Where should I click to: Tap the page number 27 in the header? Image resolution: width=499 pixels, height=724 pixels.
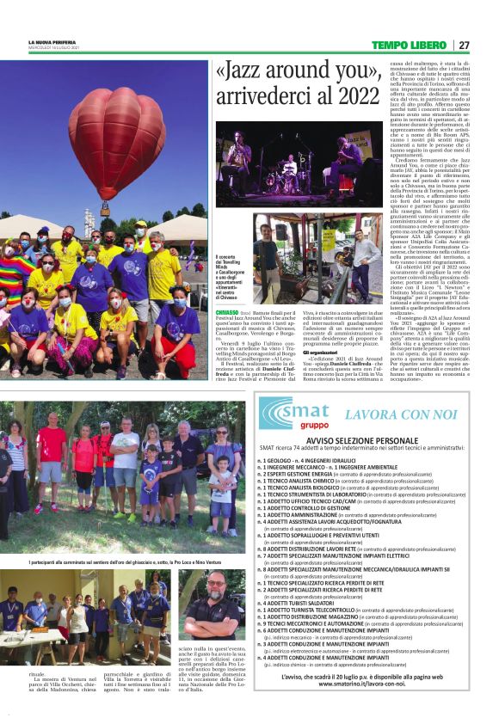pos(464,45)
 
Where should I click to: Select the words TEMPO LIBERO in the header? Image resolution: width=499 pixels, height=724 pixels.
pos(410,45)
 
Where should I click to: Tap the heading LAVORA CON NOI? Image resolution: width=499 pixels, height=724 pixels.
pos(400,415)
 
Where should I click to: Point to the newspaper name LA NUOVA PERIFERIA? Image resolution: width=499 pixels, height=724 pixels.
pos(52,41)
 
